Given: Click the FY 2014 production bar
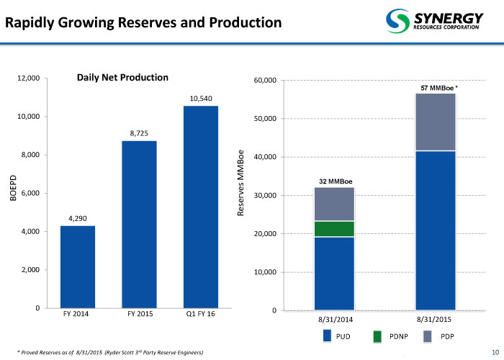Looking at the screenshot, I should pyautogui.click(x=78, y=267).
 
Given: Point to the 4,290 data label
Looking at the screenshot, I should pyautogui.click(x=78, y=218).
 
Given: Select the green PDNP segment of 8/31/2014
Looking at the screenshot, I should pyautogui.click(x=334, y=229).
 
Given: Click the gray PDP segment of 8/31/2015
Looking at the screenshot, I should pyautogui.click(x=435, y=122).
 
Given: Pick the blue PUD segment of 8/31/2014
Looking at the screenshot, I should pyautogui.click(x=334, y=274).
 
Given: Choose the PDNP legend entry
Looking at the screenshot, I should pyautogui.click(x=390, y=336).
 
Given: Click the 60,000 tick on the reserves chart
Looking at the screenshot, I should pyautogui.click(x=265, y=80).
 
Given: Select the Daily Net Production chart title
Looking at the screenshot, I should pyautogui.click(x=122, y=77).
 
